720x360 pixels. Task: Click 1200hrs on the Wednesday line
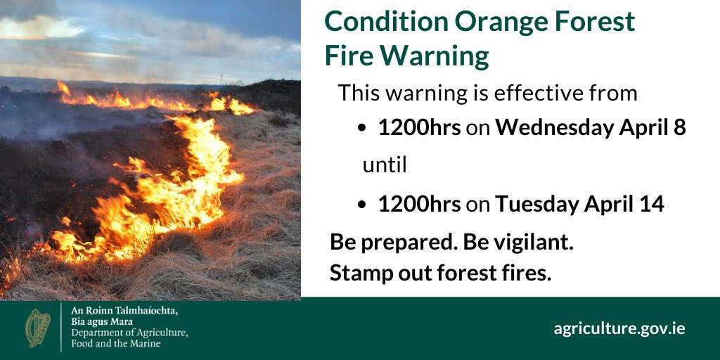coord(419,129)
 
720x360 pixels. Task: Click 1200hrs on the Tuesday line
coord(419,204)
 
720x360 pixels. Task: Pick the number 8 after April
coord(679,129)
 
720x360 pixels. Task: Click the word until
coord(385,166)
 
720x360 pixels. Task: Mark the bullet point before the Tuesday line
coord(361,205)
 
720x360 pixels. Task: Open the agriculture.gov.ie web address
coord(619,328)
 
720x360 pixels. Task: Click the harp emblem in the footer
coord(38,328)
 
